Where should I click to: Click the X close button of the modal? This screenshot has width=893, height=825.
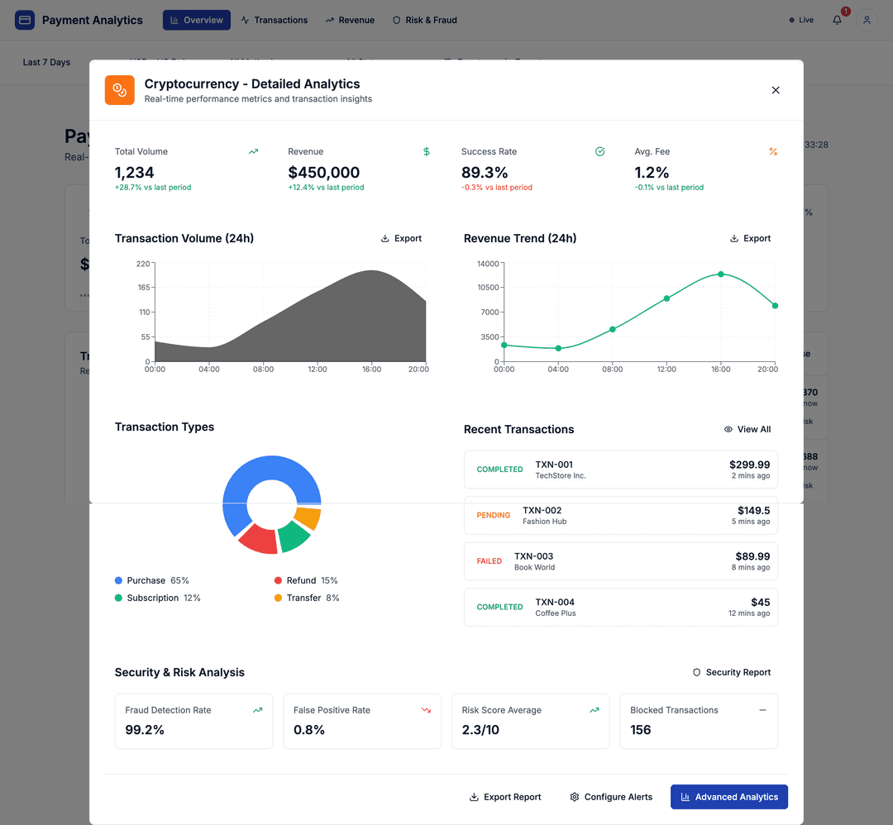(776, 90)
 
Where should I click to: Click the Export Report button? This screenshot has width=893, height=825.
(505, 797)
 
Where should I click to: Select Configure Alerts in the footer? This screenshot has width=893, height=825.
(611, 797)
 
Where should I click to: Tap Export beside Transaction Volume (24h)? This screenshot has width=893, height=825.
(401, 238)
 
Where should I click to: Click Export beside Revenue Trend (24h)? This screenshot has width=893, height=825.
(750, 238)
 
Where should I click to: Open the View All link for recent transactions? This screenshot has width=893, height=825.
(747, 429)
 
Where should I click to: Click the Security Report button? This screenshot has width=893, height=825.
(732, 672)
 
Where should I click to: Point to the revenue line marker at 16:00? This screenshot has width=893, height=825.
(721, 274)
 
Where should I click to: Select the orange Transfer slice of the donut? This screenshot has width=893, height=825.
(308, 517)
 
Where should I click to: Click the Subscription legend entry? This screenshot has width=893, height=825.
(157, 598)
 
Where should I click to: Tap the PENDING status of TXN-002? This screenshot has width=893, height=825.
(494, 515)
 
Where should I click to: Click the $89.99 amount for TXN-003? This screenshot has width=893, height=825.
(752, 556)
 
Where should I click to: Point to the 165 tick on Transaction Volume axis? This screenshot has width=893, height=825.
(144, 287)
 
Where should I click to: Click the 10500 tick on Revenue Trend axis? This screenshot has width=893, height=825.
(489, 287)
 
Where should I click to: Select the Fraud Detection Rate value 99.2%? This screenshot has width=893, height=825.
(145, 730)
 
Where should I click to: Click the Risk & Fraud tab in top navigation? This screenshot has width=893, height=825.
(424, 20)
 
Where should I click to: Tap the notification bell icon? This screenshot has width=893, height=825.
(837, 20)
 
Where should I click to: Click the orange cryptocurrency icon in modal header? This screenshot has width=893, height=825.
(120, 90)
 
